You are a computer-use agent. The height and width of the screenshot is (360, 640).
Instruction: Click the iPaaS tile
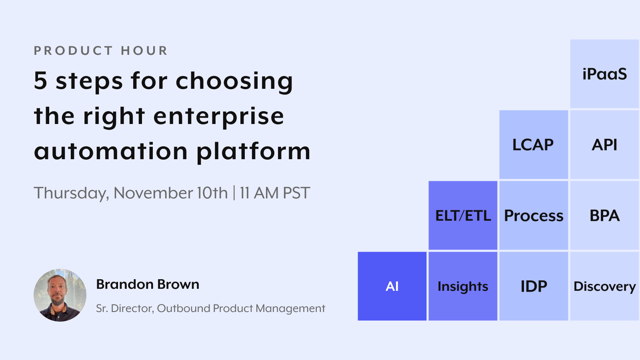click(604, 74)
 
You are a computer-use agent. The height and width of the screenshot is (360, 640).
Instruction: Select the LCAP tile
click(533, 145)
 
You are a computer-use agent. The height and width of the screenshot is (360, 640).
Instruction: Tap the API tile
click(604, 145)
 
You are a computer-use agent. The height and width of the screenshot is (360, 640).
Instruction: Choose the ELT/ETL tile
click(463, 216)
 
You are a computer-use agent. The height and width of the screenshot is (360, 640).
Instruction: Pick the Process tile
click(533, 216)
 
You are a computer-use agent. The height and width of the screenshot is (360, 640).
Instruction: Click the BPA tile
click(604, 216)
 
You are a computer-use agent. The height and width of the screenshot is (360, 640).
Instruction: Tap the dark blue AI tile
click(392, 286)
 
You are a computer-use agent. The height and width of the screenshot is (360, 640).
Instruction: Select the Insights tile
click(463, 286)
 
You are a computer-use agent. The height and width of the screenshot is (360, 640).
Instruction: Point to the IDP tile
click(533, 286)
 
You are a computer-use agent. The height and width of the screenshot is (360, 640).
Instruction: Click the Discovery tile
click(604, 286)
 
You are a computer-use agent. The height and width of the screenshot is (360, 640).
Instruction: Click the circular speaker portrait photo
click(60, 295)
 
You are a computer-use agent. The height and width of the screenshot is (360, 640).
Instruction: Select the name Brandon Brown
click(148, 284)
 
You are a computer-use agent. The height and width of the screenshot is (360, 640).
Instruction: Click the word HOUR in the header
click(144, 51)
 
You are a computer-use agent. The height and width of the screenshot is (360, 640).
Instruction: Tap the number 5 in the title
click(41, 80)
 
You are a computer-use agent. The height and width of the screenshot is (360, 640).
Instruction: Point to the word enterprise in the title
click(218, 116)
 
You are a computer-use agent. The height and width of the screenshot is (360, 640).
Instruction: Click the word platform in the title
click(253, 152)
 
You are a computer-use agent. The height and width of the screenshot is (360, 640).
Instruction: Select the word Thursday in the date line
click(71, 193)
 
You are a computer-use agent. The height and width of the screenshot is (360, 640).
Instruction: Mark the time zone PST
click(296, 193)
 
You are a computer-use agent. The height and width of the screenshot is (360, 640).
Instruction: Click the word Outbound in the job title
click(184, 308)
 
